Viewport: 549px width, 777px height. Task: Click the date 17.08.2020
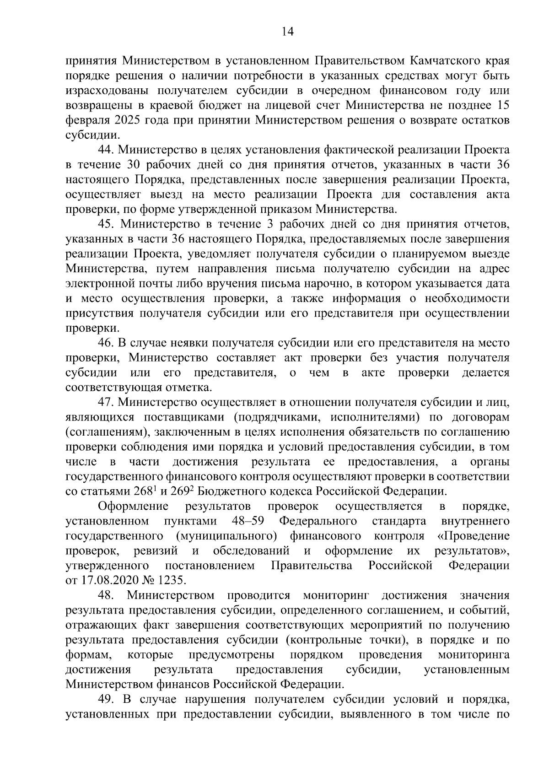point(106,580)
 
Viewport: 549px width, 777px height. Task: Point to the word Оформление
point(133,506)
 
